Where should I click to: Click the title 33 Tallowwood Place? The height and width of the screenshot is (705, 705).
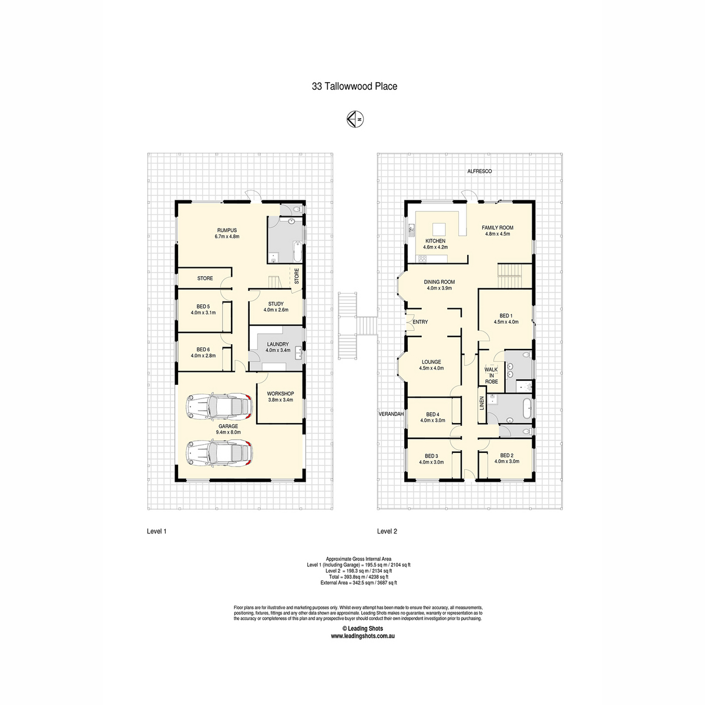(x=354, y=86)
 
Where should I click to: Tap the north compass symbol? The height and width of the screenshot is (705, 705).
(x=355, y=119)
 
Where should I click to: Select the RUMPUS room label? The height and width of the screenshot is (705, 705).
(x=227, y=230)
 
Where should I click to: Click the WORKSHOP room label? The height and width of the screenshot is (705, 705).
(x=280, y=394)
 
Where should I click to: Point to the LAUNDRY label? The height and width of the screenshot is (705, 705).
(x=278, y=344)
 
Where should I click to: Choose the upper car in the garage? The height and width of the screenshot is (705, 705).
(x=219, y=407)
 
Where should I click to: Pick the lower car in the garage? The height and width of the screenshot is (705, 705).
(x=219, y=453)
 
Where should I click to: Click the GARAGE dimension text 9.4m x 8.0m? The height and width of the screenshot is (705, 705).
(x=229, y=432)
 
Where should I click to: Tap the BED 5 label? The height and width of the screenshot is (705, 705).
(x=203, y=307)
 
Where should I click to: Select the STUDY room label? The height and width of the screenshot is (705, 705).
(x=276, y=304)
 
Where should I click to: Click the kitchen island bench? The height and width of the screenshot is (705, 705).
(x=439, y=229)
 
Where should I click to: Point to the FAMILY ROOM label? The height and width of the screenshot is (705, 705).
(x=498, y=227)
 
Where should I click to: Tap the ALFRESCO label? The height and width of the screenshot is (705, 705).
(x=479, y=171)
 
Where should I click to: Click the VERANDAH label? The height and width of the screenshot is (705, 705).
(x=391, y=414)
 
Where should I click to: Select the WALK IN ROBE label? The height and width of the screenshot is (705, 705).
(x=491, y=375)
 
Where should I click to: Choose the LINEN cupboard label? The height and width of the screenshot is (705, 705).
(x=482, y=403)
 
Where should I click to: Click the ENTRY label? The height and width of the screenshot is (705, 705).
(x=420, y=322)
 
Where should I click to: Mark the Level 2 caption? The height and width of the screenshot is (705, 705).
(x=387, y=531)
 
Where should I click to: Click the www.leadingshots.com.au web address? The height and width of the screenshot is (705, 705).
(x=362, y=636)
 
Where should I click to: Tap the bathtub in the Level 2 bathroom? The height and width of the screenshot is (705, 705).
(x=526, y=408)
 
